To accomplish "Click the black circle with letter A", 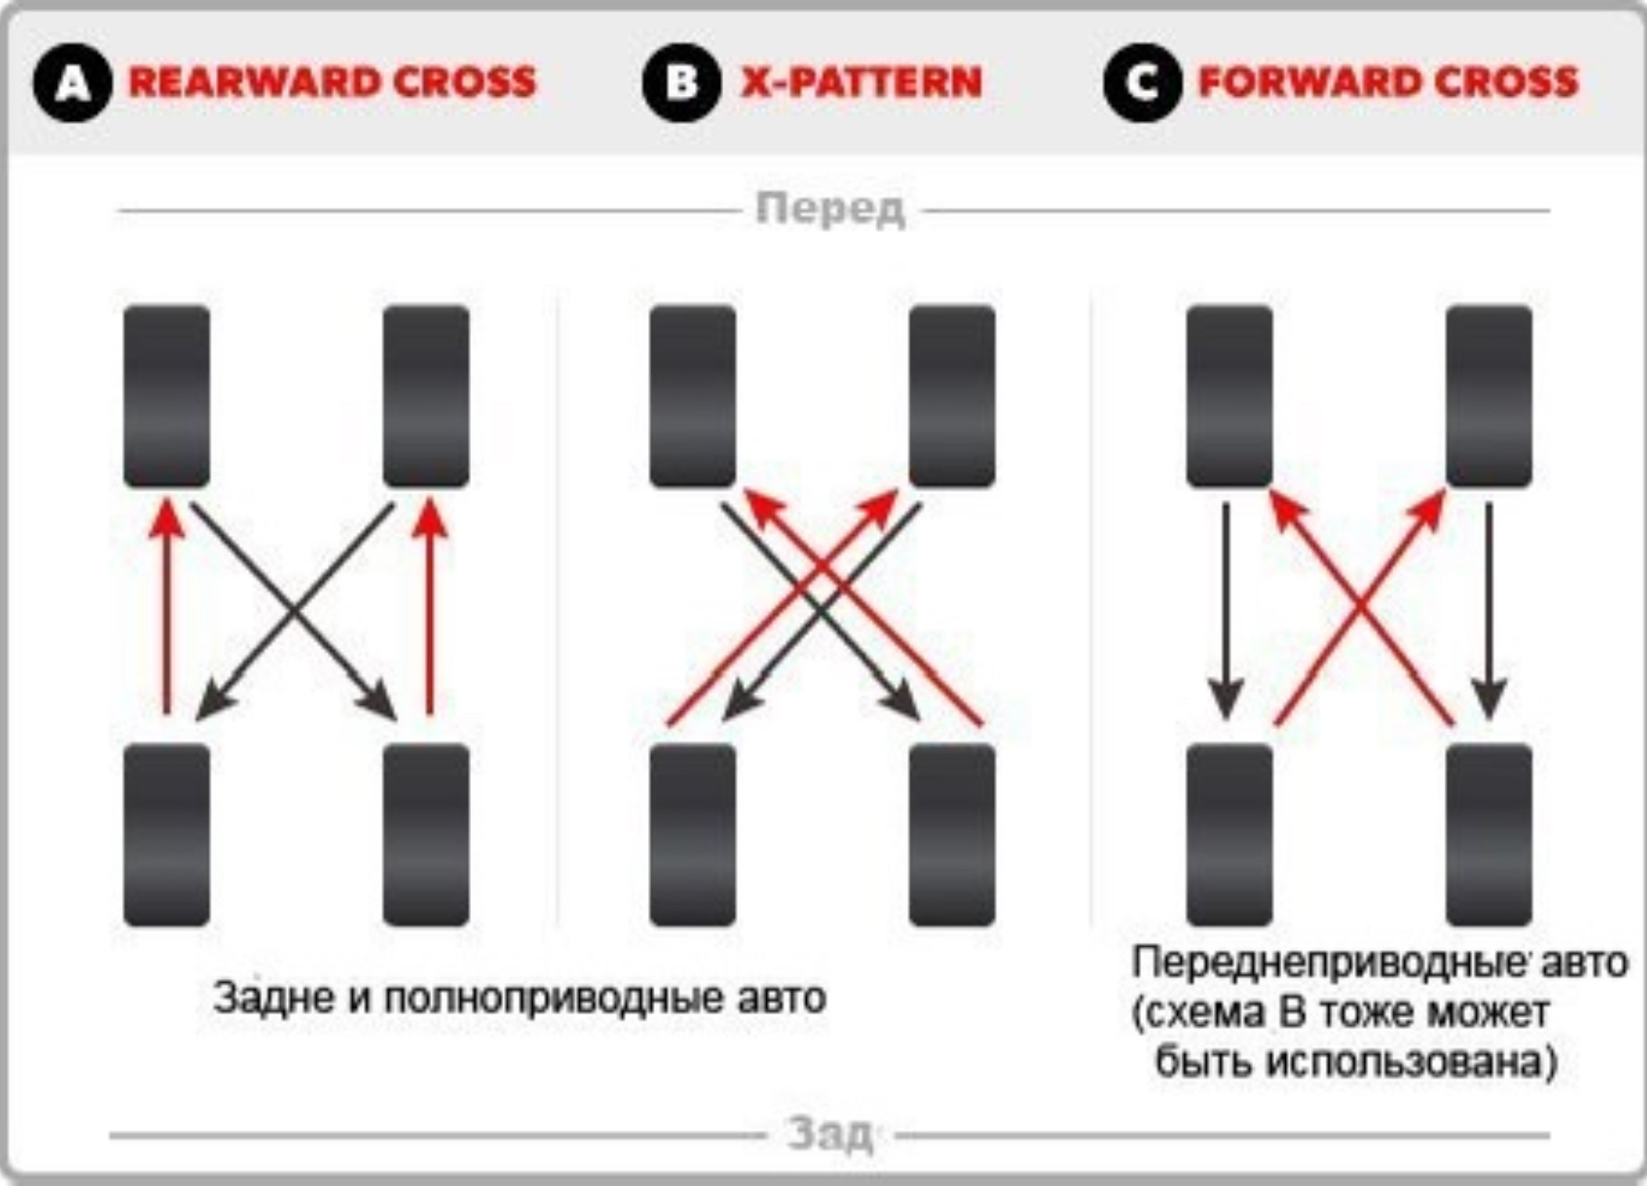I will click(73, 83).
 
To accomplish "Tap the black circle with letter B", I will click(681, 83).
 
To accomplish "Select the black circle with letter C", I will click(1142, 83).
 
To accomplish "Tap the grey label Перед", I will click(830, 210).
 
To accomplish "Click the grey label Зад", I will click(830, 1134).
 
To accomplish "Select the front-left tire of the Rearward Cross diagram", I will click(167, 396).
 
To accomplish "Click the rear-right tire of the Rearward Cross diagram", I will click(427, 834).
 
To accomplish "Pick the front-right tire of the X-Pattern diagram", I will click(952, 396).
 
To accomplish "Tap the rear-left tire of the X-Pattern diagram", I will click(692, 834).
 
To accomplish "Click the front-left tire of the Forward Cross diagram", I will click(1229, 396).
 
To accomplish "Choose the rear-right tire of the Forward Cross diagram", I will click(1488, 834).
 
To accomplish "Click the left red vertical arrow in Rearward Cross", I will click(167, 610).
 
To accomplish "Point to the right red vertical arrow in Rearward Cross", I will click(429, 610).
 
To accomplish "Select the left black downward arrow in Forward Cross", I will click(1226, 610).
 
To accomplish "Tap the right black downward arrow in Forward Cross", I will click(1488, 610).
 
